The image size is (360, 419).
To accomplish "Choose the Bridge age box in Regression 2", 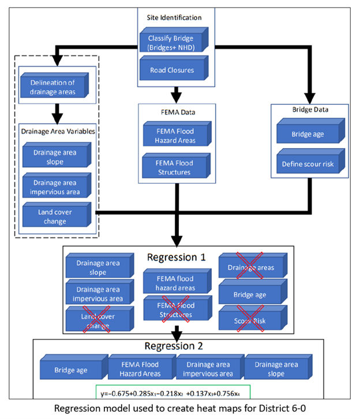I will [73, 369].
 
